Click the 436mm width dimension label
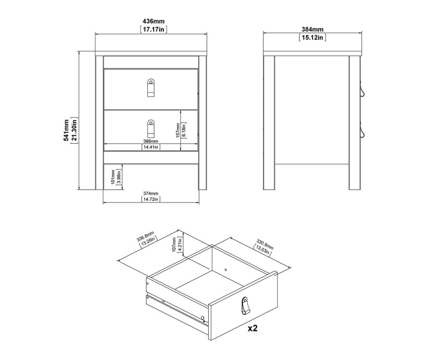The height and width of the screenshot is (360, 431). [153, 21]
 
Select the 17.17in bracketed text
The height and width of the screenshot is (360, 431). [153, 29]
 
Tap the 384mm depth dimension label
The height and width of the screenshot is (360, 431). [312, 29]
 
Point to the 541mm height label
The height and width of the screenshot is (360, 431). [66, 130]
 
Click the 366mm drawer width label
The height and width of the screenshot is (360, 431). [150, 141]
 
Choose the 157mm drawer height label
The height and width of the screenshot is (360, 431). [178, 130]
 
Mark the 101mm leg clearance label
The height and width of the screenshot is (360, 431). [113, 177]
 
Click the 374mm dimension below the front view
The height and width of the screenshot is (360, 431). [150, 194]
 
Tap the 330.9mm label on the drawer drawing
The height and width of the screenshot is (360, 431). [265, 245]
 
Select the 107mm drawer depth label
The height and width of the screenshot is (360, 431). [174, 245]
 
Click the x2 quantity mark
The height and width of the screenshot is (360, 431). [253, 328]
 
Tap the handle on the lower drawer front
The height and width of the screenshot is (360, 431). [150, 128]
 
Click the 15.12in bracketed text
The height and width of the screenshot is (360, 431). [312, 37]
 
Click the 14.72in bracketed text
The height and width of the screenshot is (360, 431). [150, 199]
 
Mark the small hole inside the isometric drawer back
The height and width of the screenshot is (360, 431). [225, 270]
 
